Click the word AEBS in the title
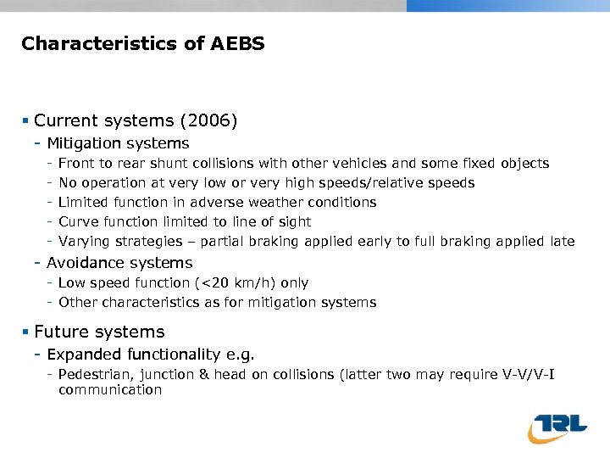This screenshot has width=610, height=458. pyautogui.click(x=240, y=43)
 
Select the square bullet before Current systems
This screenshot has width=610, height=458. pyautogui.click(x=26, y=121)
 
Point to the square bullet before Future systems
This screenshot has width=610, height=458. pyautogui.click(x=26, y=332)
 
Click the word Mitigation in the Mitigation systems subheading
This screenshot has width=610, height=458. pyautogui.click(x=82, y=143)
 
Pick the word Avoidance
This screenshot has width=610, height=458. pyautogui.click(x=83, y=263)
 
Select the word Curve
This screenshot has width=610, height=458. pyautogui.click(x=77, y=221)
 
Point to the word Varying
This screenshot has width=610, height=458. pyautogui.click(x=84, y=241)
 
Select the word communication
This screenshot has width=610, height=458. pyautogui.click(x=110, y=390)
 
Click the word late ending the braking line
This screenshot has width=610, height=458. pyautogui.click(x=561, y=241)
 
